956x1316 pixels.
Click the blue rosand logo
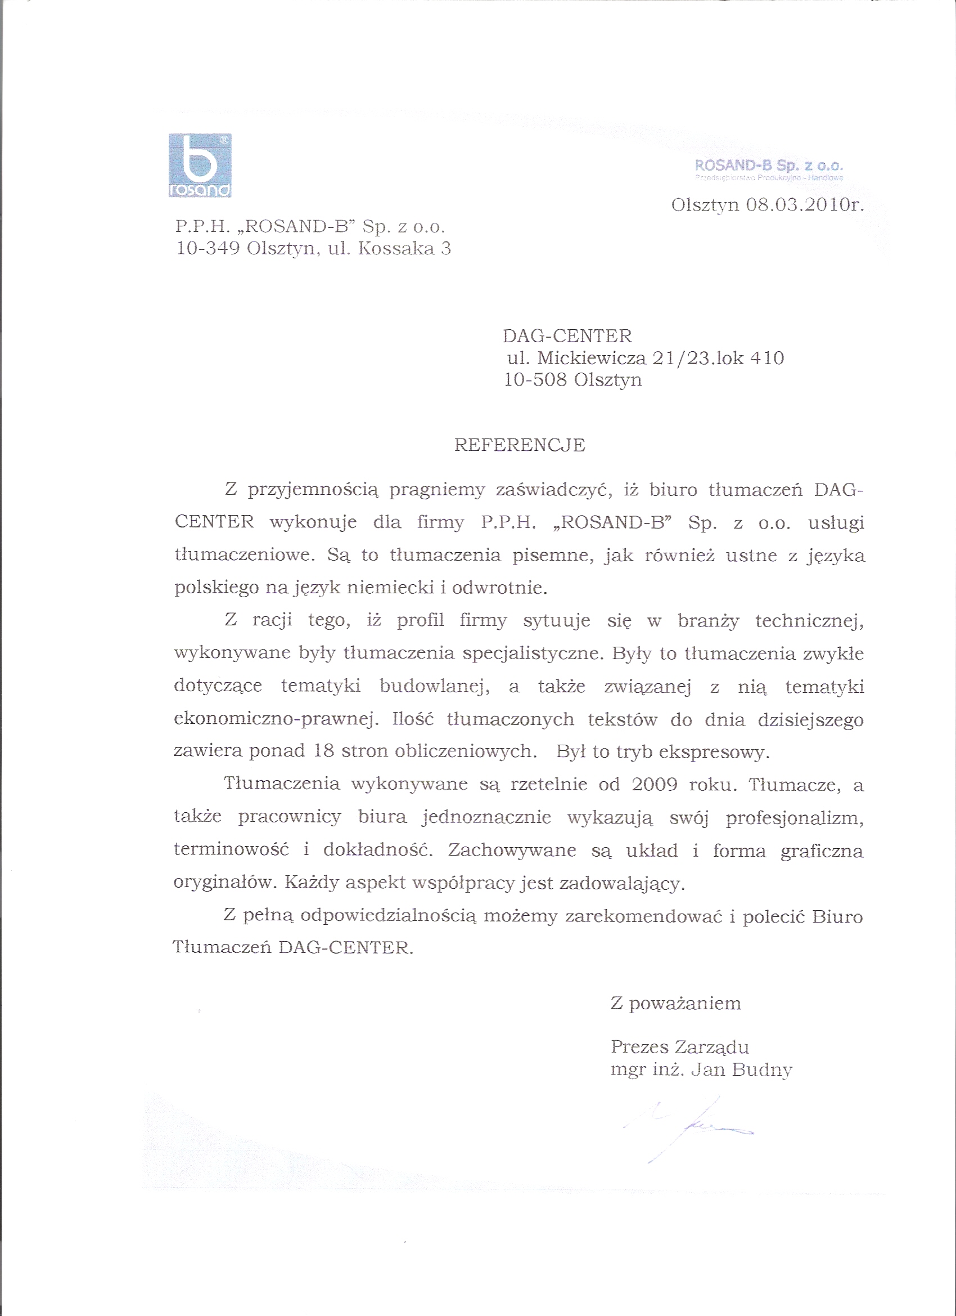[x=200, y=165]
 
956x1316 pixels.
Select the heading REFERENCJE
[x=520, y=445]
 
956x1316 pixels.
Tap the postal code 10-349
[x=208, y=248]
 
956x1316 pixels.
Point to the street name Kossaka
[x=396, y=248]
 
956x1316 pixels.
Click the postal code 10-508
[x=535, y=379]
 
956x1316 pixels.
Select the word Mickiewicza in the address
[x=592, y=358]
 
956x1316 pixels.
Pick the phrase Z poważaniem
[x=676, y=1003]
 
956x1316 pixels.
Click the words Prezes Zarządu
[x=679, y=1047]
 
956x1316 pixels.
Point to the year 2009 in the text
[x=655, y=785]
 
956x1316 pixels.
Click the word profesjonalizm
[x=794, y=818]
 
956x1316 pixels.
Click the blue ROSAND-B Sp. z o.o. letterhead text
[x=769, y=166]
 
